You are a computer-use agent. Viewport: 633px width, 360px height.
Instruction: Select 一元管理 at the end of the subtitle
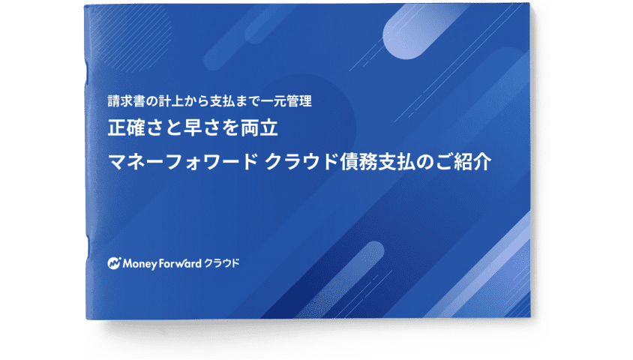coord(286,101)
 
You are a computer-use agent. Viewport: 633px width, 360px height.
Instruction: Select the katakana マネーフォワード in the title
coord(183,162)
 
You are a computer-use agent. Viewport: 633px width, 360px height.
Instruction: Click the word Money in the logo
coord(139,264)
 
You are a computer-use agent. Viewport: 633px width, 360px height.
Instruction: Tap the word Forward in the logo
coord(180,263)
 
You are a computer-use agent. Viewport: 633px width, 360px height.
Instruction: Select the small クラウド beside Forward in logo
coord(222,263)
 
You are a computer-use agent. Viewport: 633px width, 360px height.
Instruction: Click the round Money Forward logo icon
coord(114,263)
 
